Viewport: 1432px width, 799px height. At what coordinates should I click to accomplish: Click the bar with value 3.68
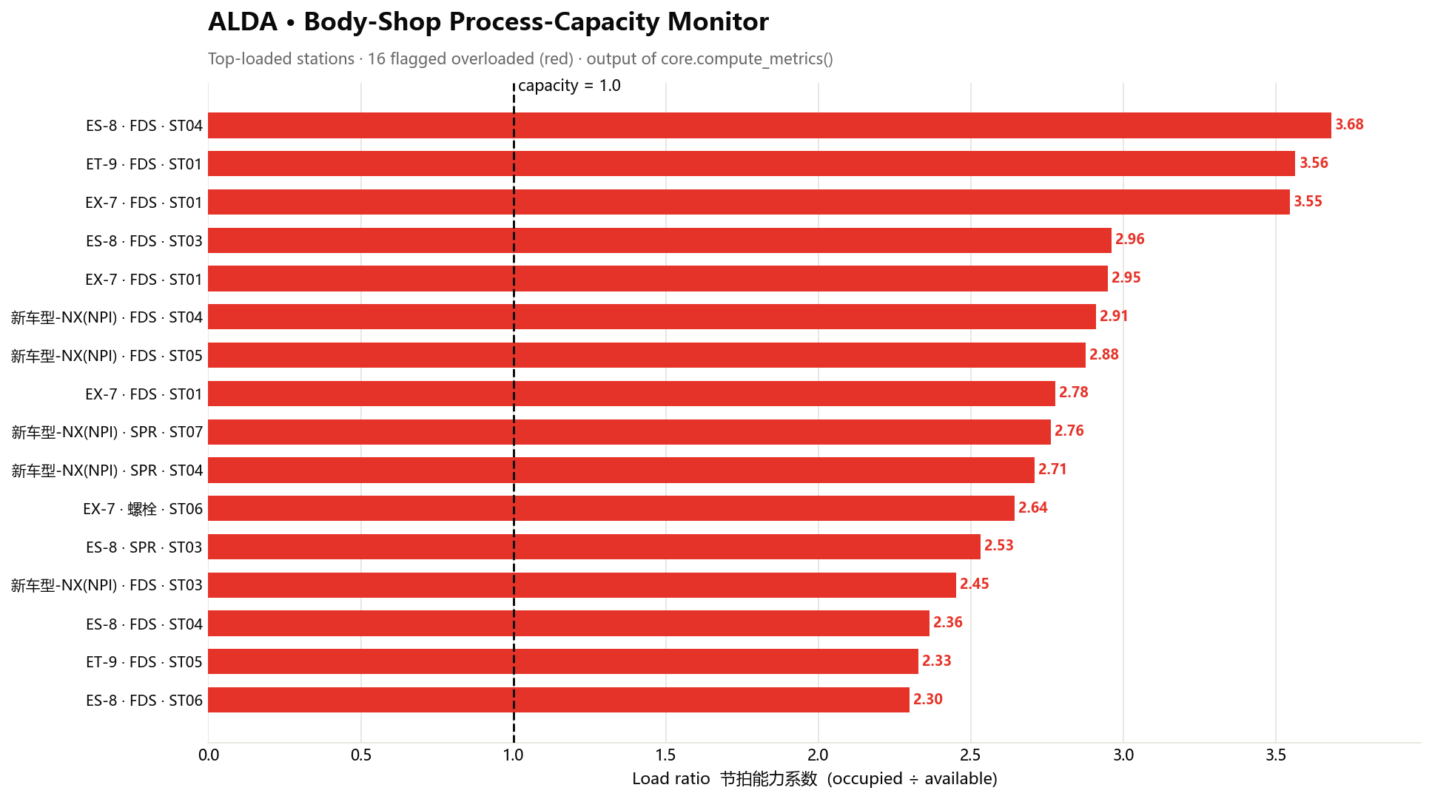[x=770, y=125]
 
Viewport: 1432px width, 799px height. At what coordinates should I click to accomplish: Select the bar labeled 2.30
[x=559, y=700]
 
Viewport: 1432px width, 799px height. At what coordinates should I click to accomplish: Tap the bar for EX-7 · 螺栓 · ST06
[x=611, y=508]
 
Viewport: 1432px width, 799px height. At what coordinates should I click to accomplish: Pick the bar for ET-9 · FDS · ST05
[x=563, y=661]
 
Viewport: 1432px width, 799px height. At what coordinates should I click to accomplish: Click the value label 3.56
[x=1314, y=163]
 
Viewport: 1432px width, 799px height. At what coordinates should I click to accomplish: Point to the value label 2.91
[x=1114, y=316]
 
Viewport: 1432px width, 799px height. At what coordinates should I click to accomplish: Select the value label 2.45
[x=974, y=584]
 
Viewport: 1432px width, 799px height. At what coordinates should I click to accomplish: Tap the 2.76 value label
[x=1069, y=431]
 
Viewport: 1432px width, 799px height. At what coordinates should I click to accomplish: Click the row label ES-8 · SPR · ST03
[x=144, y=547]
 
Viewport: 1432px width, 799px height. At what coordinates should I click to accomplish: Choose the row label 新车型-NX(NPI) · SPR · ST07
[x=107, y=432]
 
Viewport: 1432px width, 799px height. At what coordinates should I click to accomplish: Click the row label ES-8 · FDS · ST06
[x=144, y=701]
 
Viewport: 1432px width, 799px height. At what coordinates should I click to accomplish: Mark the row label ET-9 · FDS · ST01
[x=144, y=164]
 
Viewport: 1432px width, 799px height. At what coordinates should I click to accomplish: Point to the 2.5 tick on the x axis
[x=970, y=755]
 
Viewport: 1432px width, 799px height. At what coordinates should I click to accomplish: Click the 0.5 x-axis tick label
[x=361, y=755]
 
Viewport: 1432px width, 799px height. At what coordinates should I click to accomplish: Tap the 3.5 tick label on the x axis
[x=1275, y=755]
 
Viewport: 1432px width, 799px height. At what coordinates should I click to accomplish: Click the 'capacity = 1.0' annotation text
[x=569, y=86]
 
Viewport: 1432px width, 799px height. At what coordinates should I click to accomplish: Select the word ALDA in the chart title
[x=243, y=22]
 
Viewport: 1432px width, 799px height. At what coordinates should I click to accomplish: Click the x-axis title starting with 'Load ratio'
[x=814, y=779]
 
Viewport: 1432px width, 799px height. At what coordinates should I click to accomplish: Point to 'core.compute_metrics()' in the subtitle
[x=747, y=59]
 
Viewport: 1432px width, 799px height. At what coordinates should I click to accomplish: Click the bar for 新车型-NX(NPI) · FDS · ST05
[x=647, y=355]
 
